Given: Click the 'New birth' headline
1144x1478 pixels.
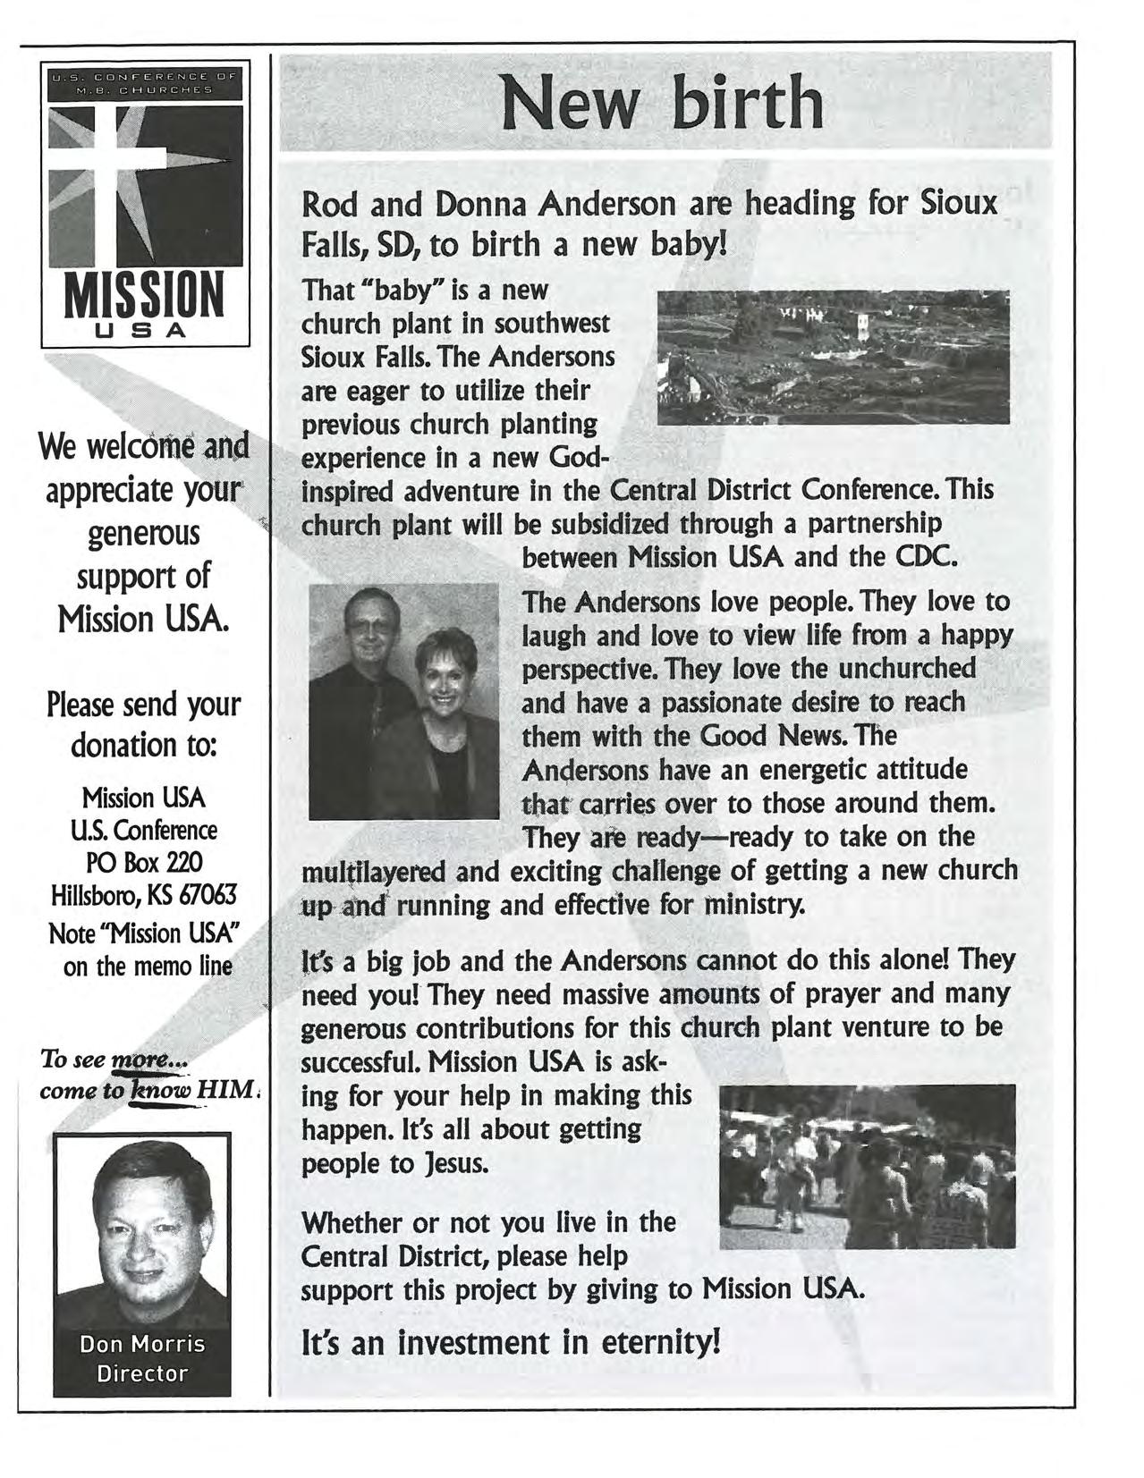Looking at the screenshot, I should (x=662, y=104).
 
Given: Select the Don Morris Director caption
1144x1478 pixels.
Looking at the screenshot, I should (x=142, y=1358).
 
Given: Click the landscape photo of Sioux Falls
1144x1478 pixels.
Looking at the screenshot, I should (x=833, y=357).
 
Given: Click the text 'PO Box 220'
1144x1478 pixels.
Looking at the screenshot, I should (x=143, y=862).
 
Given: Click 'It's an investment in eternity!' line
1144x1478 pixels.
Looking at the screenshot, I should (x=510, y=1342).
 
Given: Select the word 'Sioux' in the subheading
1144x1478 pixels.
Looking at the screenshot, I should (x=959, y=203).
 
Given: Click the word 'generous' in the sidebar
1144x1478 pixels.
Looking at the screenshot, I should (x=143, y=534).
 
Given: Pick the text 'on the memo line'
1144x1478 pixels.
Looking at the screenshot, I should (x=148, y=967).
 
